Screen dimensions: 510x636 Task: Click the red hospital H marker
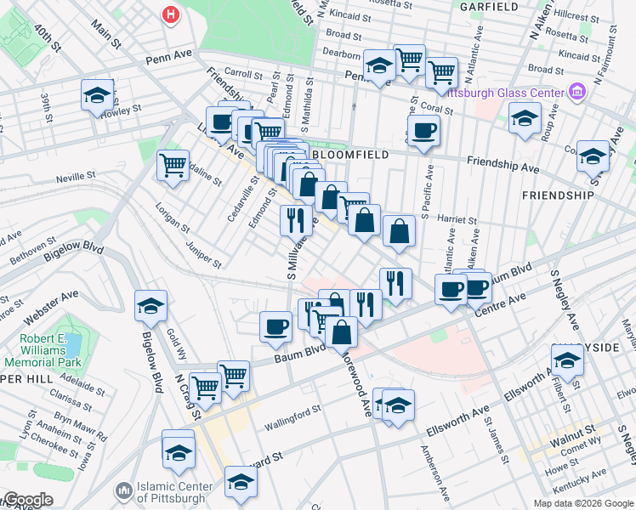point(171,14)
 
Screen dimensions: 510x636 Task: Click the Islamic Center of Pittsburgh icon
point(125,490)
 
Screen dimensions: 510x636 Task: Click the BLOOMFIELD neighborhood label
point(350,156)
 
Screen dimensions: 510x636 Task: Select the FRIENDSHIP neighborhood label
point(559,195)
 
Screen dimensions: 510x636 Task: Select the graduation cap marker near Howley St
point(97,94)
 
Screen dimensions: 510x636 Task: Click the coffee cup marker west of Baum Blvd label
point(275,326)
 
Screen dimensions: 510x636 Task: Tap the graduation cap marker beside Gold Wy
point(150,306)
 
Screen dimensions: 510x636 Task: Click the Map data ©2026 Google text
point(583,503)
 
